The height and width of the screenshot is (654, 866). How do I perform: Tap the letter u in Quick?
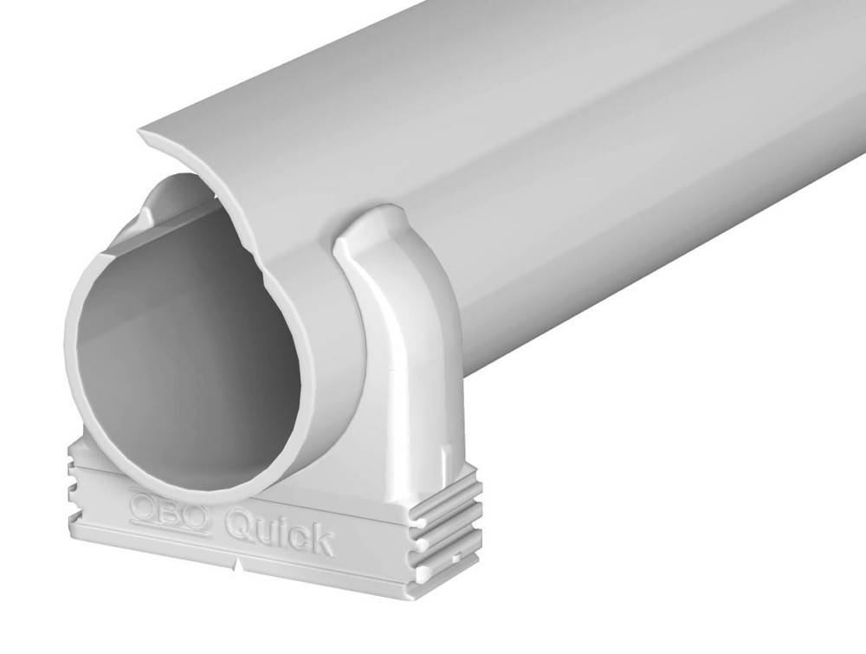point(261,531)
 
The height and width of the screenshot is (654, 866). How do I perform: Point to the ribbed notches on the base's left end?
point(73,485)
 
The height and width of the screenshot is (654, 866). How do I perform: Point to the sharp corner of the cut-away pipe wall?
point(142,133)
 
